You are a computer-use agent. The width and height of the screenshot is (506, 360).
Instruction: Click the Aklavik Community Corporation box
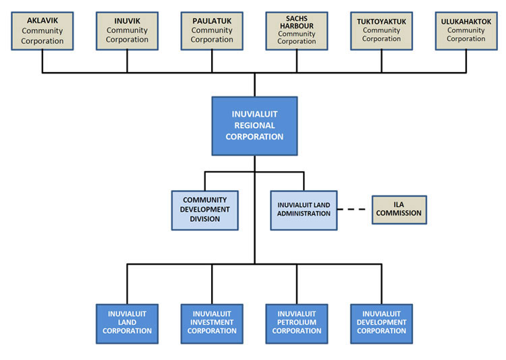point(43,30)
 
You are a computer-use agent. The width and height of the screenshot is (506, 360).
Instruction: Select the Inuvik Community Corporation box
point(127,30)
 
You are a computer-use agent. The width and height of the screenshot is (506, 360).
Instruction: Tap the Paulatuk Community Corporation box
point(211,30)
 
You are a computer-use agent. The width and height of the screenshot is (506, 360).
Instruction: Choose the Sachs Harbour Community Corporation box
point(296,30)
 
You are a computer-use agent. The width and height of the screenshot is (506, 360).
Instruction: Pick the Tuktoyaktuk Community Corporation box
point(381,30)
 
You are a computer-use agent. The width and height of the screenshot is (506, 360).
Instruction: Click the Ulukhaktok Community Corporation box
point(466,30)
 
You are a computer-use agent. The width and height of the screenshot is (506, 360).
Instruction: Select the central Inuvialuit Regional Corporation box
point(254,126)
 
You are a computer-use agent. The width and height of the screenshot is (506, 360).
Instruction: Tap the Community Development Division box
point(205,210)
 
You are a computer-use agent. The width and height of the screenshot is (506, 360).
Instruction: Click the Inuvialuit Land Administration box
point(304,210)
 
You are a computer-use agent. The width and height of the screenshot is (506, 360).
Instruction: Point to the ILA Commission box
point(399,209)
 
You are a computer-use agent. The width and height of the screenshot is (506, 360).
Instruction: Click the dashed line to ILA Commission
point(355,210)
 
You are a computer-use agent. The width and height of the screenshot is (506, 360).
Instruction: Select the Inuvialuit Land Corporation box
point(128,323)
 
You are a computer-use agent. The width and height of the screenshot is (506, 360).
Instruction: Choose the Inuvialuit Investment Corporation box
point(212,323)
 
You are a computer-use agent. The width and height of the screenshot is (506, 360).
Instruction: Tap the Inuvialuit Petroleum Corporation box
point(297,323)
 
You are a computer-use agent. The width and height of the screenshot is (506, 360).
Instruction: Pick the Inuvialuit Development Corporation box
point(382,323)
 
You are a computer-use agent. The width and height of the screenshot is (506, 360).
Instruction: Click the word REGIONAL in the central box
point(254,126)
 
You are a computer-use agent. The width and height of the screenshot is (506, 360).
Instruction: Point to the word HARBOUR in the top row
point(297,26)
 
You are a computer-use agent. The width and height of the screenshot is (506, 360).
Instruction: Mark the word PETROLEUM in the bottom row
point(297,322)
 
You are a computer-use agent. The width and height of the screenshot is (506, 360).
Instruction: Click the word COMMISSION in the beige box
point(399,214)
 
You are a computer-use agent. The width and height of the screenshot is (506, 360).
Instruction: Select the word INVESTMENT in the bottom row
point(212,322)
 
